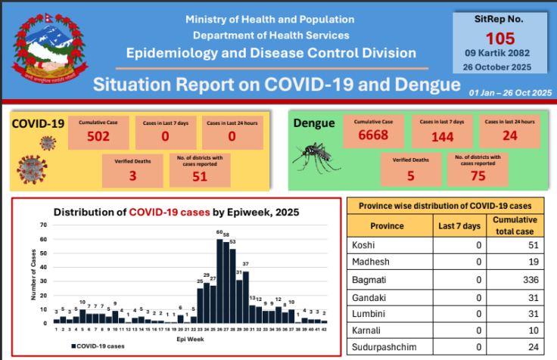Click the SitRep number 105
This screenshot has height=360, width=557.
click(500, 38)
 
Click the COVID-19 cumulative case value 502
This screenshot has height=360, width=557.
click(98, 137)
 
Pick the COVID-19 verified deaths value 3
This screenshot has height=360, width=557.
click(132, 174)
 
